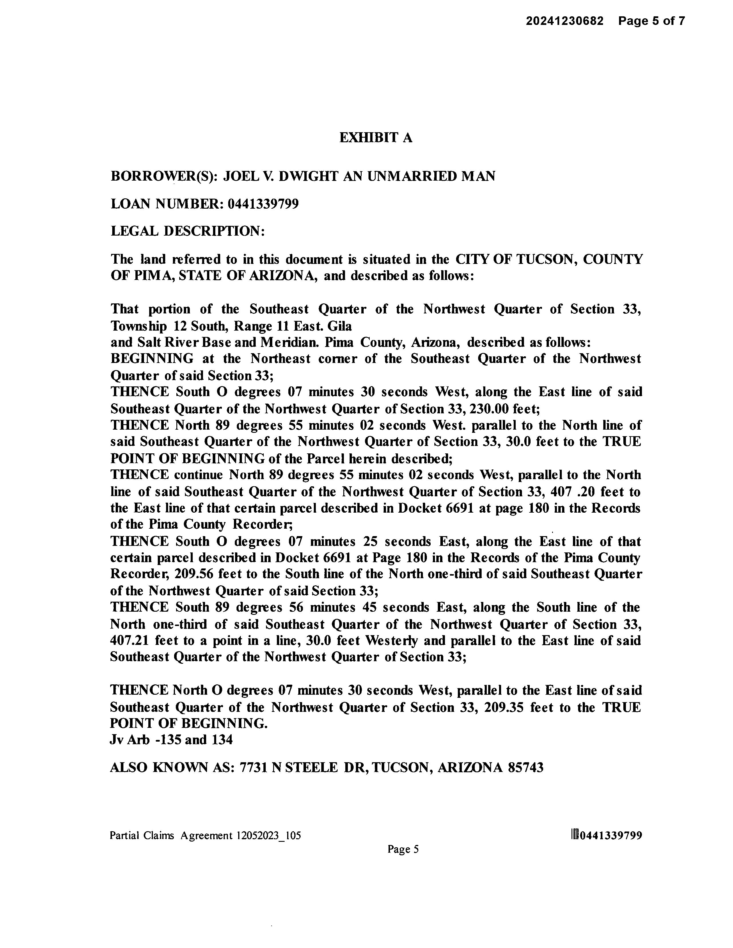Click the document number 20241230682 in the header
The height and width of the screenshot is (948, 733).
pyautogui.click(x=565, y=21)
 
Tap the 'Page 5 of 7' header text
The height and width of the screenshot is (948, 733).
pyautogui.click(x=652, y=21)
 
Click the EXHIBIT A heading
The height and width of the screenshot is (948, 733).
pyautogui.click(x=376, y=138)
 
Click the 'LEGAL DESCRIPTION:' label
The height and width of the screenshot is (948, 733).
pyautogui.click(x=188, y=231)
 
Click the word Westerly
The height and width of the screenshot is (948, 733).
pyautogui.click(x=392, y=641)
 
